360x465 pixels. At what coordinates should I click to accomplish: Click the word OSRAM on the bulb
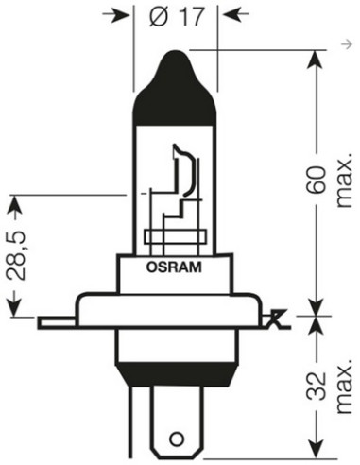tap(176, 266)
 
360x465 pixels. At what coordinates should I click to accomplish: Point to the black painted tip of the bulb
tap(177, 76)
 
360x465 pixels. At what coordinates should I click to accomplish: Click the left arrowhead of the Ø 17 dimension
tap(143, 16)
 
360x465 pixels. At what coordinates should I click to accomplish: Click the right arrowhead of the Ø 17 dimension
tap(227, 16)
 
